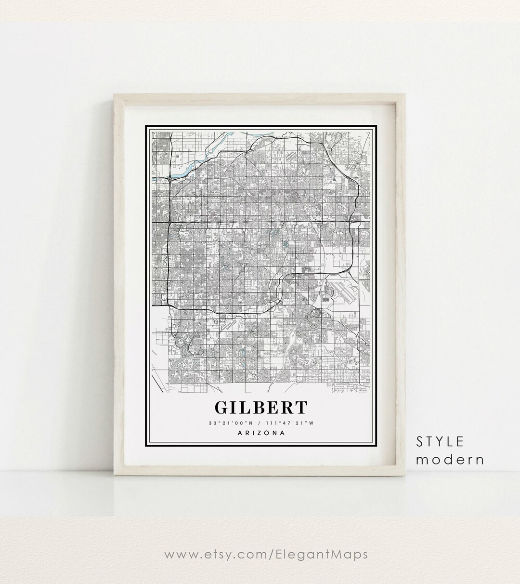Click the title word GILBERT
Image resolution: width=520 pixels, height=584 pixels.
coord(261,408)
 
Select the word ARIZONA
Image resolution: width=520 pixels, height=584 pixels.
coord(261,433)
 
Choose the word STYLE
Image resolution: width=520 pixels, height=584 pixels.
coord(440,441)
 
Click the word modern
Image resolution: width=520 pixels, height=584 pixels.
coord(450,459)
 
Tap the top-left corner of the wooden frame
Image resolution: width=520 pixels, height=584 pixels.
coord(114,94)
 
